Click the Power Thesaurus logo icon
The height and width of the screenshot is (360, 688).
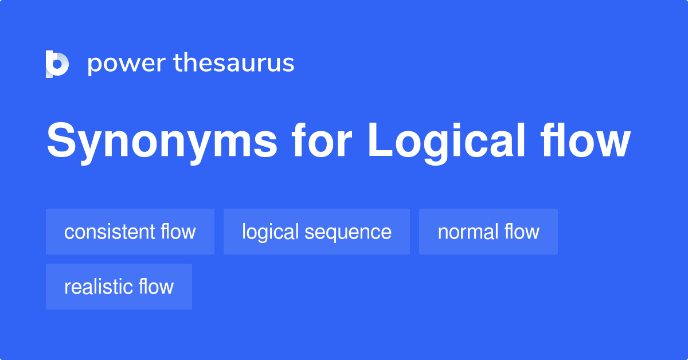(57, 64)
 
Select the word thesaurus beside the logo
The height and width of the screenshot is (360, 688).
(234, 63)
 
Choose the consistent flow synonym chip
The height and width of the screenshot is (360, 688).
(130, 232)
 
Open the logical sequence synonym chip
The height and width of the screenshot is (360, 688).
(316, 232)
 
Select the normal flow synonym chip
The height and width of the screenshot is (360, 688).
(488, 232)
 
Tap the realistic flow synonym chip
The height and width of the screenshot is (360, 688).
(119, 287)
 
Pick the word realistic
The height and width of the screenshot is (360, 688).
(99, 287)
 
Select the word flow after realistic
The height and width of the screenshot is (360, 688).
(155, 287)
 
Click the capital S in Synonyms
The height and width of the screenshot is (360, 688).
(60, 141)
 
